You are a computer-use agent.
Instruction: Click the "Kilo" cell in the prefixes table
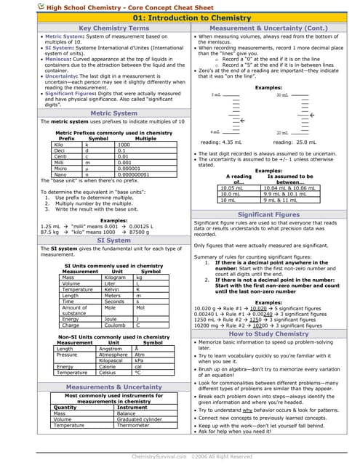(x=59, y=145)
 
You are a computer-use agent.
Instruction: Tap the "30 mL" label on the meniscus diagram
(x=282, y=95)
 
